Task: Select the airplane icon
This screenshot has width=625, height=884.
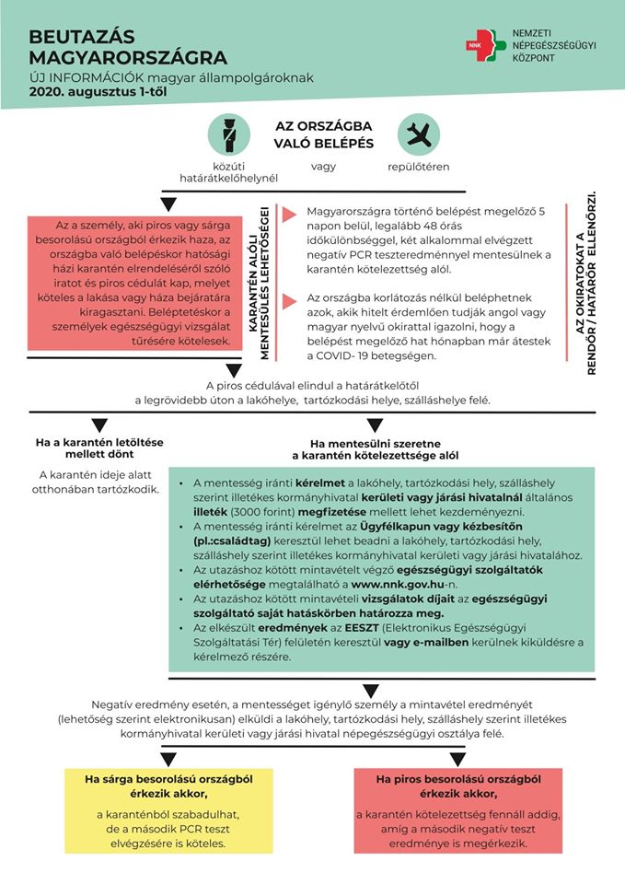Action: pos(419,135)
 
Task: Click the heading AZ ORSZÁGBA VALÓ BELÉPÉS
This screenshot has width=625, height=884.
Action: pos(323,134)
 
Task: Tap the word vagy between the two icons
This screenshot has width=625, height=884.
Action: pos(323,168)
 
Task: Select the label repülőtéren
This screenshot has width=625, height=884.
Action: pos(418,168)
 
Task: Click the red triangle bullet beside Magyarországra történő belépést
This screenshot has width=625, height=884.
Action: pos(290,215)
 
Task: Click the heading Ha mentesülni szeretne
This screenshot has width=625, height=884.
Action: pos(376,448)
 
